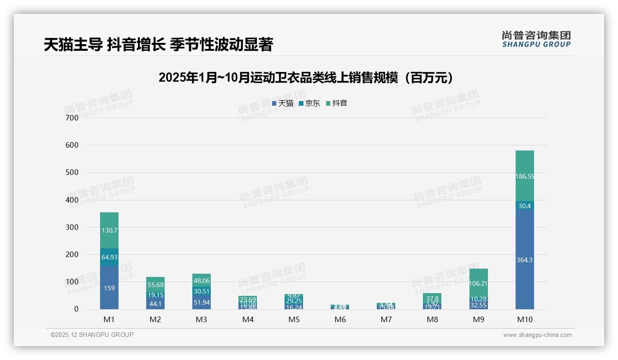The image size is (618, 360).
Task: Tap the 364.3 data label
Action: pos(524,260)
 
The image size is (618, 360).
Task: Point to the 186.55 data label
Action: pos(524,176)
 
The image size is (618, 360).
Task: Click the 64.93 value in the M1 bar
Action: pos(109,257)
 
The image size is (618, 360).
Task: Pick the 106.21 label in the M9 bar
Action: pos(478,283)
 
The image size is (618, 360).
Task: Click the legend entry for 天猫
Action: pos(283,103)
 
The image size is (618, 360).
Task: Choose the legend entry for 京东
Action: pos(309,103)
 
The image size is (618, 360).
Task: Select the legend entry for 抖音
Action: pos(337,103)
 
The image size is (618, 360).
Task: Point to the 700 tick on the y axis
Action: pos(72,118)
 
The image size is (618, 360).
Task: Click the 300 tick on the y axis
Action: pos(72,227)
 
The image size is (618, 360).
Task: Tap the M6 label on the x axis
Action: pos(340,319)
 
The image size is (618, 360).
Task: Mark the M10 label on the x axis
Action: pos(524,319)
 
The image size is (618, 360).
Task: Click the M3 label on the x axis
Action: pos(202,319)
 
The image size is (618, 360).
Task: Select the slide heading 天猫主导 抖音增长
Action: pos(159,45)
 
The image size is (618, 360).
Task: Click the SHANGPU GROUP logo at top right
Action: pos(536,39)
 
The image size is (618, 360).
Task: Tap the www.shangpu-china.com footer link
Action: pos(537,335)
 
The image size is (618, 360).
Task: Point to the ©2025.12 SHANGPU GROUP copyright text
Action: pos(92,335)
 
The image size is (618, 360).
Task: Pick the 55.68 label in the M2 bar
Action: pos(155,285)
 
